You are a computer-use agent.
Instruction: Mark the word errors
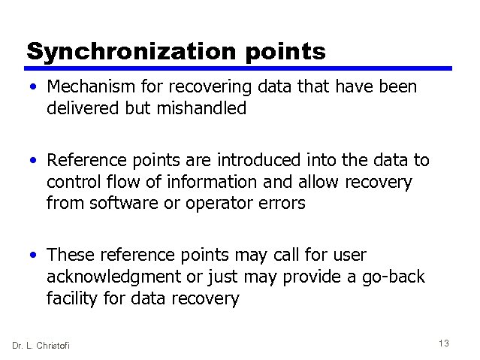[x=281, y=203]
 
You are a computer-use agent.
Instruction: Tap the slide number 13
[x=443, y=343]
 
